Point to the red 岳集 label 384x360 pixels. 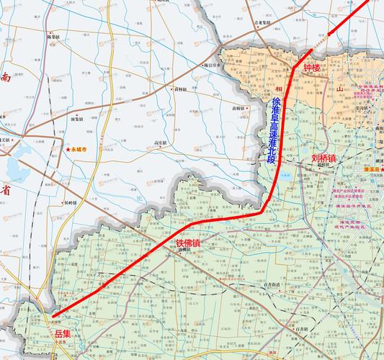click(63, 333)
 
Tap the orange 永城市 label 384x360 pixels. click(77, 149)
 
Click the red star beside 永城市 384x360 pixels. click(68, 149)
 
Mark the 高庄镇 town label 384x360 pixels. click(160, 143)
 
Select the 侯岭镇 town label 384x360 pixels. click(71, 204)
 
